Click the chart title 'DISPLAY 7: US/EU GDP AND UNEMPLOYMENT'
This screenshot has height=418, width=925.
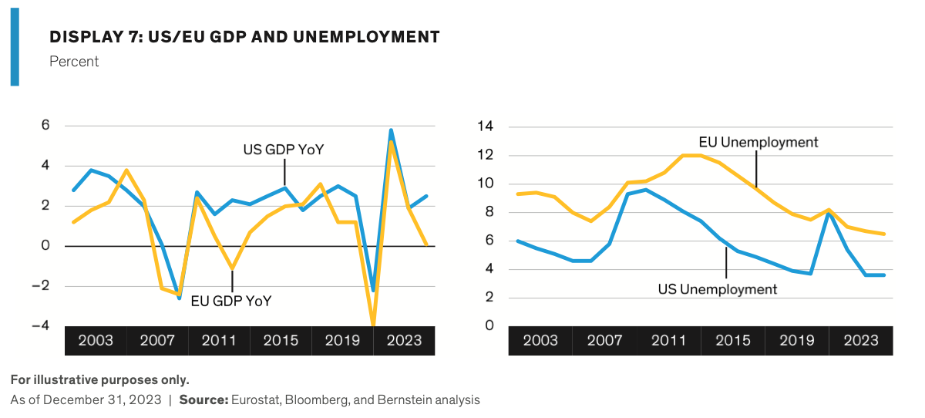point(244,37)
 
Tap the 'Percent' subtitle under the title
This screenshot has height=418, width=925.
point(74,62)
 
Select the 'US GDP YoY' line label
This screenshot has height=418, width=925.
point(284,150)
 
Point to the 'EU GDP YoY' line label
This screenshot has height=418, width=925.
point(232,301)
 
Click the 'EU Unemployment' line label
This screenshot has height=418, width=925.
point(758,142)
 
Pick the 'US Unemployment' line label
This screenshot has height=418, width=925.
point(717,289)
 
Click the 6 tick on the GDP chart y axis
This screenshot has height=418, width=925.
point(46,126)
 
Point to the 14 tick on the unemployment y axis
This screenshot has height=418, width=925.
point(486,126)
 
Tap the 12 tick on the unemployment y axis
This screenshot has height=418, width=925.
point(486,155)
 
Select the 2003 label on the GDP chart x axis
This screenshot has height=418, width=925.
point(96,341)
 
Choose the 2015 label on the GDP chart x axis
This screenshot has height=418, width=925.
point(281,341)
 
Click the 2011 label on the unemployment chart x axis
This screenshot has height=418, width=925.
point(668,341)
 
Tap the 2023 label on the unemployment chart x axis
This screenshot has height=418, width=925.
point(861,341)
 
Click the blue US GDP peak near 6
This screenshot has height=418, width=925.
point(391,130)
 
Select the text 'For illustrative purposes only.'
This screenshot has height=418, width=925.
point(99,380)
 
